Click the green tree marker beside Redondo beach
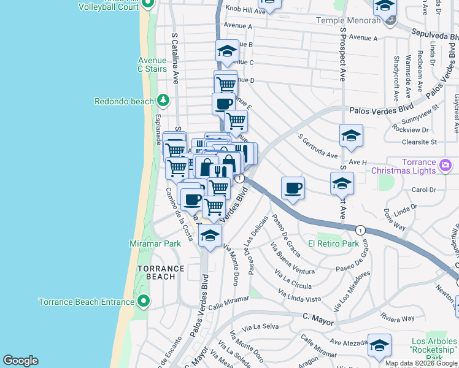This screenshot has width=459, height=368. [x=163, y=100]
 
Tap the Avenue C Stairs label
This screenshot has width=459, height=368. [x=152, y=64]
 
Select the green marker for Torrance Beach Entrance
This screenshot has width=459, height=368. [x=144, y=301]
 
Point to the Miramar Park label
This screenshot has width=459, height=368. [x=155, y=243]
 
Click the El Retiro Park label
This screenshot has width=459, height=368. [x=333, y=243]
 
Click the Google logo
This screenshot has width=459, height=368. [x=20, y=361]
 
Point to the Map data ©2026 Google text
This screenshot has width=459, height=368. [x=421, y=363]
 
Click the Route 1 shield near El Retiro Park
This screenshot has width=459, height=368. [x=360, y=229]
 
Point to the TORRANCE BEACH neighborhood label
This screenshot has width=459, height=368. [x=161, y=273]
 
